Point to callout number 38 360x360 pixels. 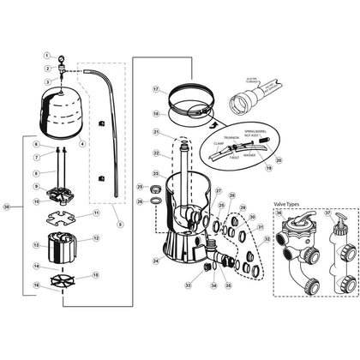[8, 207]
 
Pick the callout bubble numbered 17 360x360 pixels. [156, 88]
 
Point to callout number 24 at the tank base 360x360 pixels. [156, 259]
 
